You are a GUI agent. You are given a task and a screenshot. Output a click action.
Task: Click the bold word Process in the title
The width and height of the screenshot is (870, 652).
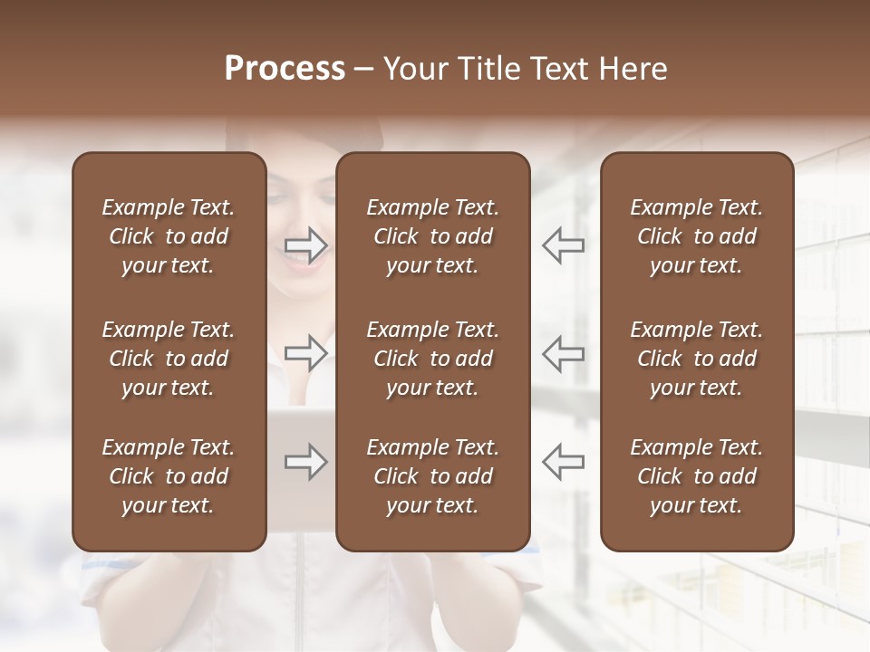(285, 69)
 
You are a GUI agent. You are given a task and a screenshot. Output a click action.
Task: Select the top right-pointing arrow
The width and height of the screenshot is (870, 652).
(306, 245)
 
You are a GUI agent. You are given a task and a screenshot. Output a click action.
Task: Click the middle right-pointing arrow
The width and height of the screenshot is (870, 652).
(306, 352)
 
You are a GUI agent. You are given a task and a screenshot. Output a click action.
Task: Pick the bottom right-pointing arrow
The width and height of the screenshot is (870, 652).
(306, 462)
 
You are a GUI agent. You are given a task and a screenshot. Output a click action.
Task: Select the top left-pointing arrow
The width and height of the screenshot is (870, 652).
(564, 245)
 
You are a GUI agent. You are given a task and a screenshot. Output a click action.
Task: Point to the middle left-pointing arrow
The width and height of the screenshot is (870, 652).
(564, 352)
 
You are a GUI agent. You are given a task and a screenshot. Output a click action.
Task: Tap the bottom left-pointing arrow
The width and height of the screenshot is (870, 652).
(564, 462)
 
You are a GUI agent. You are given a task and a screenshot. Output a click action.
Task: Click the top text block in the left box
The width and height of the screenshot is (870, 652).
(169, 236)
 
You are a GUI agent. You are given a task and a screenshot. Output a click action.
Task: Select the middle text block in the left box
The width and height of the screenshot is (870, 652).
(169, 359)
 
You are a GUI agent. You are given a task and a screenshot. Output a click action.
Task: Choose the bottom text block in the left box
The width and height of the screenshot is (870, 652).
(169, 476)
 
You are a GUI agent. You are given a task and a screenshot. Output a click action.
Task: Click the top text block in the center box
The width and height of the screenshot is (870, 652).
(433, 236)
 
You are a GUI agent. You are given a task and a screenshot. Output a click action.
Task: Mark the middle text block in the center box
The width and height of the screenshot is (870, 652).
(433, 359)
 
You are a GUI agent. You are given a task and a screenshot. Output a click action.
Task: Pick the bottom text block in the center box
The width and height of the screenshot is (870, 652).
(433, 476)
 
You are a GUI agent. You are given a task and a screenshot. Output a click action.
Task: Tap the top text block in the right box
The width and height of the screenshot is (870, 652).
(697, 236)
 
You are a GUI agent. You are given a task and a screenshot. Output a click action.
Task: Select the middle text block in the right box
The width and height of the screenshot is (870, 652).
(697, 359)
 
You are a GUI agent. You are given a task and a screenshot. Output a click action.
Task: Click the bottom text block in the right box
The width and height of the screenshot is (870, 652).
(697, 476)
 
